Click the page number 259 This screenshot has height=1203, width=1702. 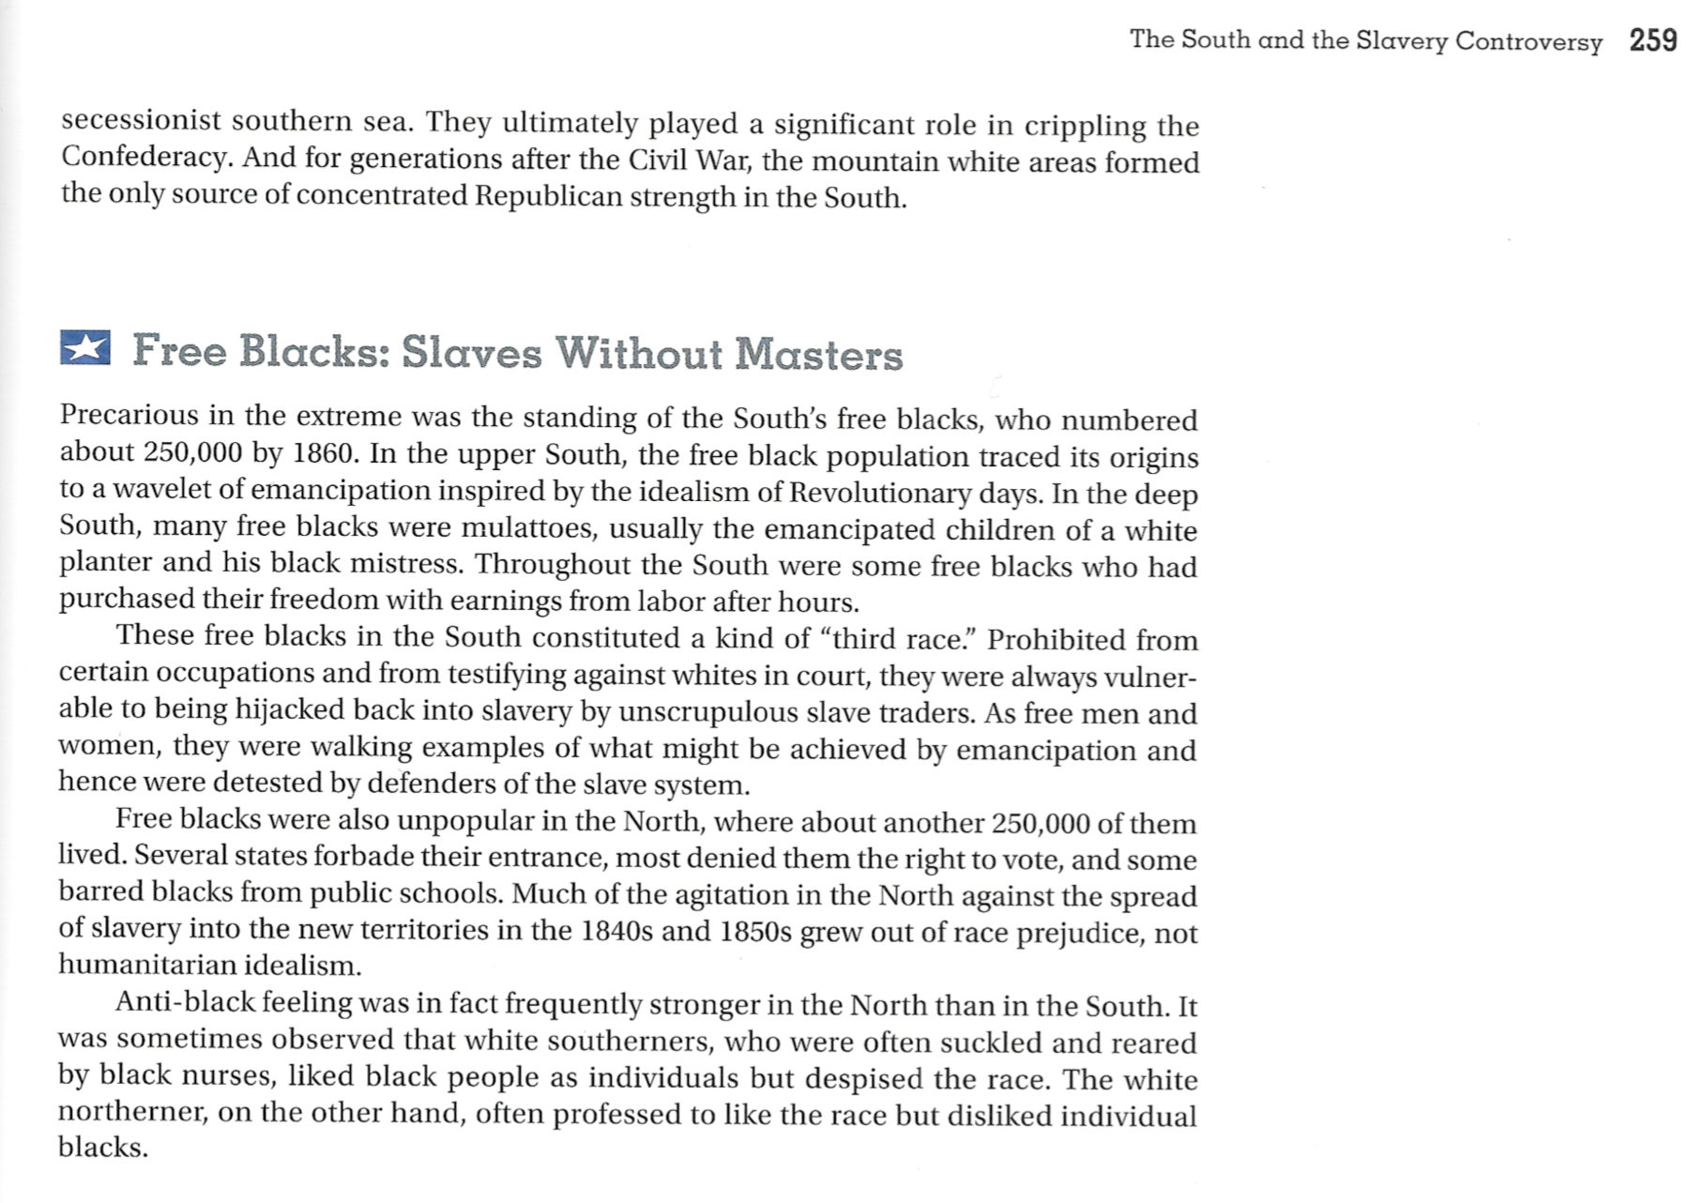pyautogui.click(x=1652, y=40)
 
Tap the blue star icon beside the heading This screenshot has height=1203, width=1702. pyautogui.click(x=84, y=347)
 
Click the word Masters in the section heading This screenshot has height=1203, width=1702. pyautogui.click(x=818, y=355)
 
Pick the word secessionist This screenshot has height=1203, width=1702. pyautogui.click(x=141, y=121)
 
